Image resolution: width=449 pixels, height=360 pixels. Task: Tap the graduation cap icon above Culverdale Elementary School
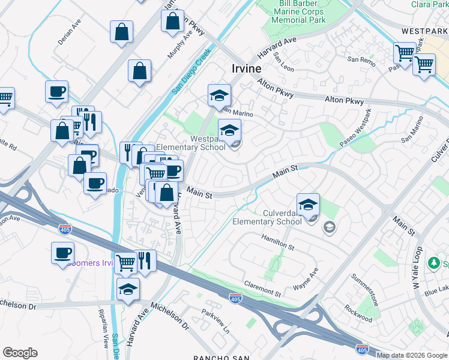pyautogui.click(x=308, y=205)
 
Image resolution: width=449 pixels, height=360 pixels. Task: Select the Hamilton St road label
pyautogui.click(x=277, y=242)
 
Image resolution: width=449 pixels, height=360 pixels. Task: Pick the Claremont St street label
pyautogui.click(x=262, y=289)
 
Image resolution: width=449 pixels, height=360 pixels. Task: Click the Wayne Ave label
pyautogui.click(x=306, y=280)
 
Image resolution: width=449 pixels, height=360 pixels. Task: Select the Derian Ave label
pyautogui.click(x=70, y=30)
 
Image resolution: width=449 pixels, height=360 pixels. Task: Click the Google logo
pyautogui.click(x=20, y=352)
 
